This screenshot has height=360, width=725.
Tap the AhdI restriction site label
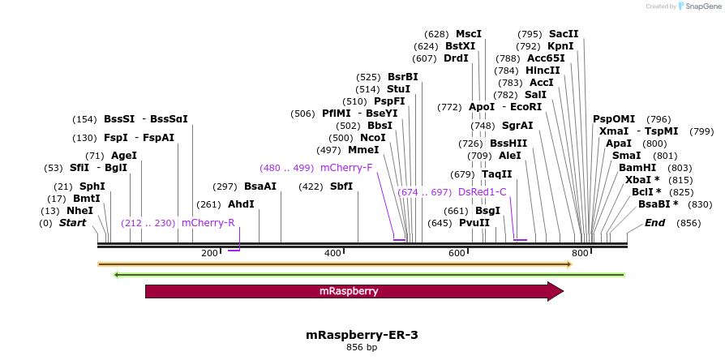pyautogui.click(x=241, y=204)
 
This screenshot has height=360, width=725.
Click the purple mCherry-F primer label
pyautogui.click(x=346, y=168)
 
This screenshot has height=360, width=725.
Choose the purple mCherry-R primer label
pyautogui.click(x=208, y=222)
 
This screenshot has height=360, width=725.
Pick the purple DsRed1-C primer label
pyautogui.click(x=483, y=192)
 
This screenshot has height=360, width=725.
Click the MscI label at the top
pyautogui.click(x=468, y=34)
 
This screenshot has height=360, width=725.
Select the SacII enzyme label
pyautogui.click(x=564, y=34)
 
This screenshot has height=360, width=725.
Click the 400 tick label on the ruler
pyautogui.click(x=332, y=254)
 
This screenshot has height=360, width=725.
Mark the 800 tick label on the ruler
pyautogui.click(x=580, y=254)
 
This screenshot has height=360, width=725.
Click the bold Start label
pyautogui.click(x=72, y=223)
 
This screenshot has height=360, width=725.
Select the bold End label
pyautogui.click(x=655, y=223)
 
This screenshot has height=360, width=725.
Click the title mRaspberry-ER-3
pyautogui.click(x=362, y=334)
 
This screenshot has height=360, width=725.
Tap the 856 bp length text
pyautogui.click(x=362, y=348)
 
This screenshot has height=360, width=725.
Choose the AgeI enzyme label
pyautogui.click(x=123, y=156)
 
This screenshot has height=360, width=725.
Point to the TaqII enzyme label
pyautogui.click(x=496, y=174)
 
